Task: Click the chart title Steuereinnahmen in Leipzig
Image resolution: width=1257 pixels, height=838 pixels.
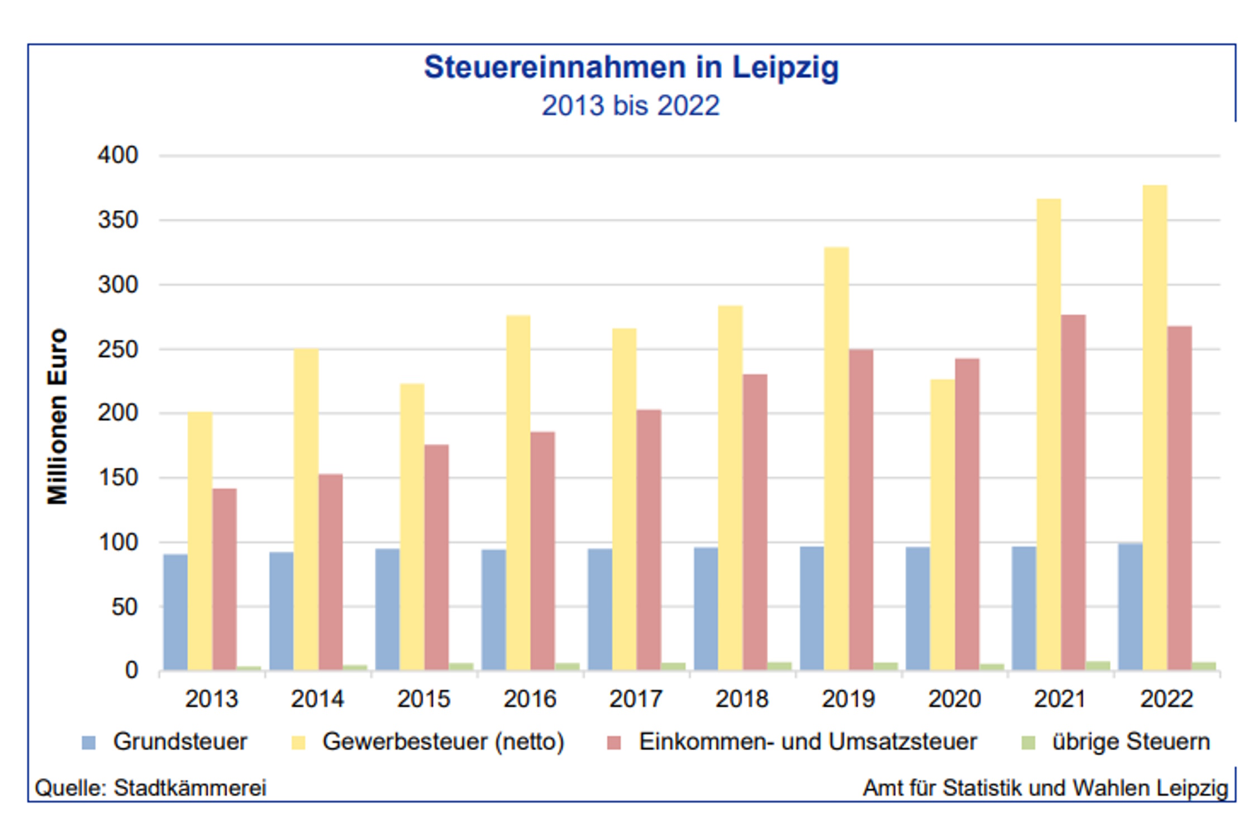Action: pyautogui.click(x=631, y=68)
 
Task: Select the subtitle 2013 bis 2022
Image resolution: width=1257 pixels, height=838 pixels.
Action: pyautogui.click(x=631, y=106)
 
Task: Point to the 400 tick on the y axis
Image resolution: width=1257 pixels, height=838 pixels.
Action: pyautogui.click(x=118, y=155)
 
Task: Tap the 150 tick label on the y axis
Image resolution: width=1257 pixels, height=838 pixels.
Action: pyautogui.click(x=118, y=478)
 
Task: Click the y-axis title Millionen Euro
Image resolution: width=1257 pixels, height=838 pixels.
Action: pyautogui.click(x=58, y=416)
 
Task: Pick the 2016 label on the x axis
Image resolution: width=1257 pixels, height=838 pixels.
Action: pyautogui.click(x=530, y=699)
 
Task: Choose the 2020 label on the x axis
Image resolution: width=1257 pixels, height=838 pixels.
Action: pyautogui.click(x=954, y=699)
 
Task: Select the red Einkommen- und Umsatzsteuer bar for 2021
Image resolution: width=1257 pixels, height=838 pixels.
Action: pyautogui.click(x=1073, y=492)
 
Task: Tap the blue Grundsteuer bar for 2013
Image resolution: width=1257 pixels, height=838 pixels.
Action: pyautogui.click(x=175, y=612)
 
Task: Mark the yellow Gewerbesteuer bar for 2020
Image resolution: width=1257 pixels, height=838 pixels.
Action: pyautogui.click(x=942, y=525)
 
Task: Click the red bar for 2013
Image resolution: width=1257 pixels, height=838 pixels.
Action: pyautogui.click(x=225, y=579)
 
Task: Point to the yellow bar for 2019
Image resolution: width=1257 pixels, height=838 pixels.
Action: pyautogui.click(x=836, y=458)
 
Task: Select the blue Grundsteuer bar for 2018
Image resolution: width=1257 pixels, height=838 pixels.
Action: pyautogui.click(x=706, y=609)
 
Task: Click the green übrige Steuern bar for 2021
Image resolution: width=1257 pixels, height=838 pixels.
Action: pyautogui.click(x=1098, y=666)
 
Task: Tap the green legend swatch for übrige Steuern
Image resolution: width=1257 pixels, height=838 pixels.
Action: pyautogui.click(x=1028, y=743)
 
